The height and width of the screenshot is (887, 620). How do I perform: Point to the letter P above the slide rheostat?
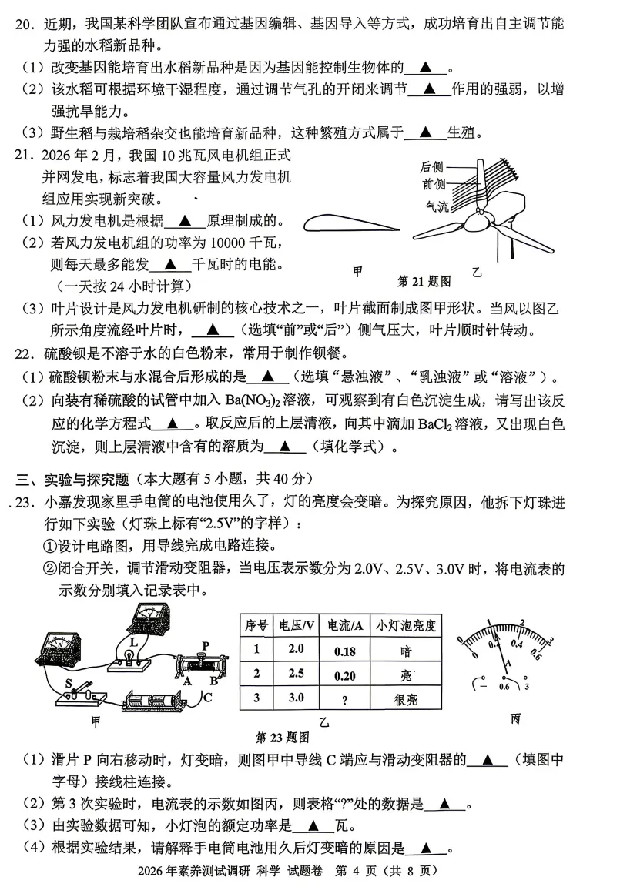(x=206, y=644)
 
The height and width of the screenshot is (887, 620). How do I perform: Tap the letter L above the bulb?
(x=133, y=641)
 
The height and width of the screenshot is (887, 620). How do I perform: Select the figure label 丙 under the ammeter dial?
(x=515, y=718)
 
